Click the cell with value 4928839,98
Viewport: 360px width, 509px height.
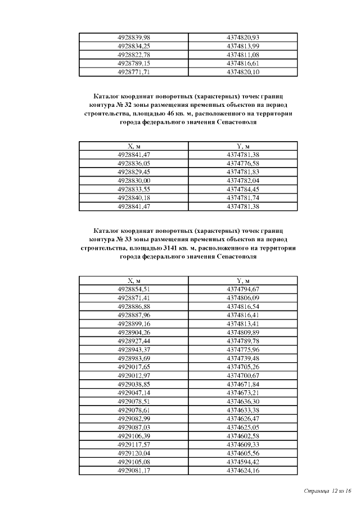tap(133, 37)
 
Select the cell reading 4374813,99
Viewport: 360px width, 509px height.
tap(242, 46)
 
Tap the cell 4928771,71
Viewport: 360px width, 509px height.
tap(133, 73)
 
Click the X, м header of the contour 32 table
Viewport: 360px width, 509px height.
tap(133, 146)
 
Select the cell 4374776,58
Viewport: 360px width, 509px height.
tap(242, 163)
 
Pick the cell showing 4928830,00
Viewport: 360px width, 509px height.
tap(133, 181)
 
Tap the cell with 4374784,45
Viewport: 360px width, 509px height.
tap(242, 189)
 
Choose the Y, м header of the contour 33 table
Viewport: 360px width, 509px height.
tap(242, 280)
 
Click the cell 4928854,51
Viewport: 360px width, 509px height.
tap(133, 289)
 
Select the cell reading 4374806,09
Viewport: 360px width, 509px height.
tap(242, 297)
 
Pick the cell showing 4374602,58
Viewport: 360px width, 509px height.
tap(242, 436)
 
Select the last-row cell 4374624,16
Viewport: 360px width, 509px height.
tap(242, 470)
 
